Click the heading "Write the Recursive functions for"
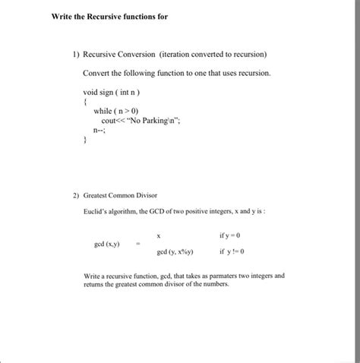coord(109,17)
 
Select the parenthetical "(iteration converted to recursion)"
coord(213,55)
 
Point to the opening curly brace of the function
coord(86,100)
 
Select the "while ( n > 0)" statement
coord(116,110)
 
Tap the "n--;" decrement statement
coord(97,130)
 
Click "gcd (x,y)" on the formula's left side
coord(106,245)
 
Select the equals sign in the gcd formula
coord(137,245)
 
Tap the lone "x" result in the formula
coord(159,236)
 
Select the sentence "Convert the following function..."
coord(176,73)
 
